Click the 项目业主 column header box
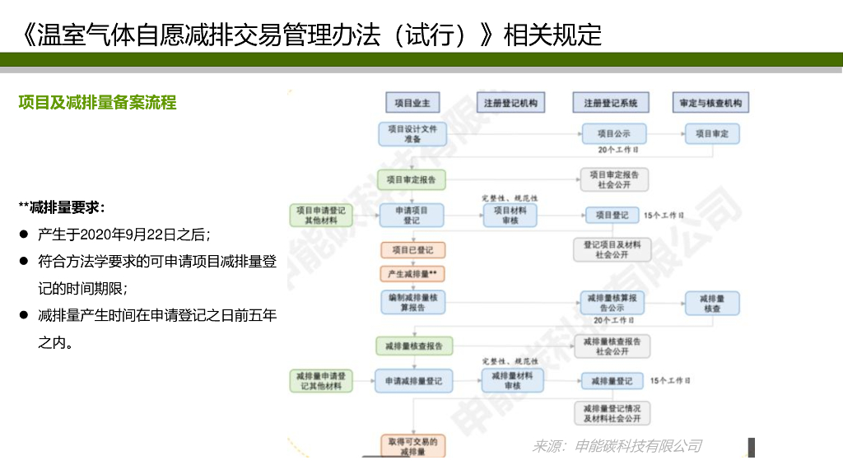412,103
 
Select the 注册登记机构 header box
510,103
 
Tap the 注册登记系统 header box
611,103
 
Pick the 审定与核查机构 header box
710,103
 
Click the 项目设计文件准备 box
412,134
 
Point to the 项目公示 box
613,133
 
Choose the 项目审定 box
711,133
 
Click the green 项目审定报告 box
412,179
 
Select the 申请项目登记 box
412,215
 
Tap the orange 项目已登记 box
412,249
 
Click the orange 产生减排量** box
412,273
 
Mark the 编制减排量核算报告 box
412,302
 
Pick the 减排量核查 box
711,303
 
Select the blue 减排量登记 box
612,381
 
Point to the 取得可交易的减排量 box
412,446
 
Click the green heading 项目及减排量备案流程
97,103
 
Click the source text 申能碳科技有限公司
638,446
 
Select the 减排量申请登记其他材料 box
321,381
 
